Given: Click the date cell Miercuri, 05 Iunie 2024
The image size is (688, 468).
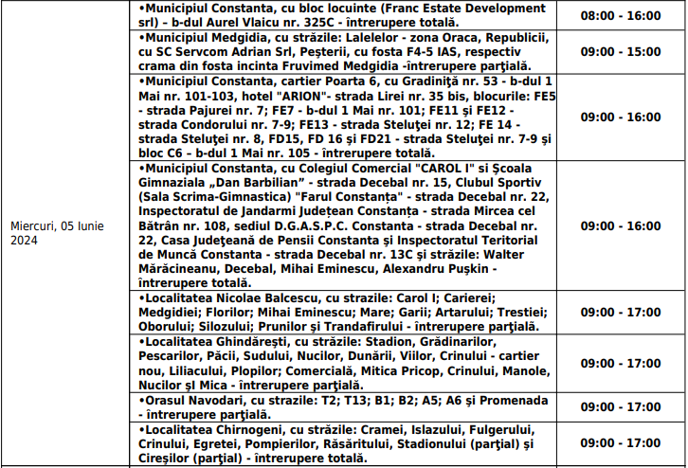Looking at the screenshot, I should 57,233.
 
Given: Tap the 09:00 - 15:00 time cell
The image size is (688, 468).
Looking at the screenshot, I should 621,51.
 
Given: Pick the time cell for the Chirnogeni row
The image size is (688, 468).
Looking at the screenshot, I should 621,443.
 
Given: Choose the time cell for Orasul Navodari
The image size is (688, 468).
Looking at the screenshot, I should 621,406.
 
